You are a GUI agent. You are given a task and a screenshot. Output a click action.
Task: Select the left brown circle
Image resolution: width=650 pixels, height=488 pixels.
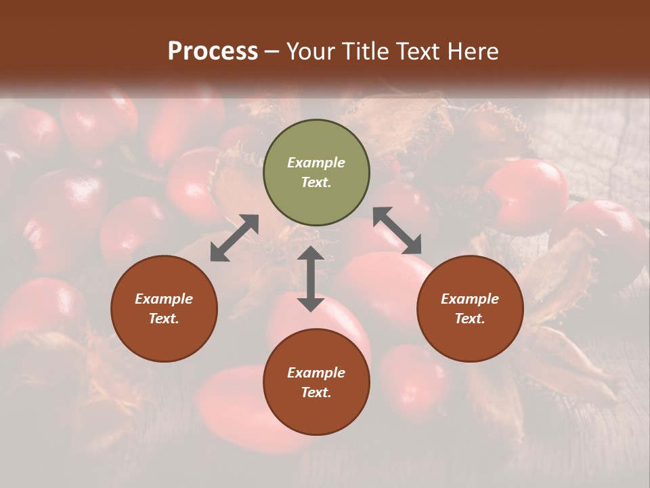(x=164, y=308)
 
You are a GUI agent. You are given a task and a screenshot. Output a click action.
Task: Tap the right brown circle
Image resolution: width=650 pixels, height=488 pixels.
(x=470, y=308)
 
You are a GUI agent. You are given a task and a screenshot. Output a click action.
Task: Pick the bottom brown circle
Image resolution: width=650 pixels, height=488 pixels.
(x=316, y=382)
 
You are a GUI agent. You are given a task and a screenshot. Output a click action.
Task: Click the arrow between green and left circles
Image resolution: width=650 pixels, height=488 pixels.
(x=234, y=238)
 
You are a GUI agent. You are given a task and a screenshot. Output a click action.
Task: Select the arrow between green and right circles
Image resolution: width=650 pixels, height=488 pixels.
(x=397, y=230)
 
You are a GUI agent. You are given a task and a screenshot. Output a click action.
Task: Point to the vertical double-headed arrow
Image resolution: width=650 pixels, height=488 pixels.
(x=311, y=279)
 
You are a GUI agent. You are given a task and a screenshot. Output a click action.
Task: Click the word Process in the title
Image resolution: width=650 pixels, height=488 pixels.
(x=213, y=52)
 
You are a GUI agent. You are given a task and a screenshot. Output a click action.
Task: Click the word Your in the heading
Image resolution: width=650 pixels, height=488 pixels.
(x=311, y=52)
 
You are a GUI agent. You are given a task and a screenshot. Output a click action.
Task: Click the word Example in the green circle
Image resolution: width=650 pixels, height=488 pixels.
(x=316, y=163)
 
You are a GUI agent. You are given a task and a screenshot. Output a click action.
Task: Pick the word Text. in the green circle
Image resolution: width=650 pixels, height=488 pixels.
(x=316, y=182)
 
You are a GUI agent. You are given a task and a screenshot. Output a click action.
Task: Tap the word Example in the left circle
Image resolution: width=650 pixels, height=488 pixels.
(x=164, y=299)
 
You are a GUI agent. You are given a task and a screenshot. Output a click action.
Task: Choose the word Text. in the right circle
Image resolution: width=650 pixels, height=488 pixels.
(x=470, y=319)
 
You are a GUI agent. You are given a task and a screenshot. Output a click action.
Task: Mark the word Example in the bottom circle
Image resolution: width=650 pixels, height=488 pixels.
(x=316, y=373)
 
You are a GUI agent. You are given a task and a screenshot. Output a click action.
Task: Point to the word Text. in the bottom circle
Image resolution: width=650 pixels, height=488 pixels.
(x=316, y=392)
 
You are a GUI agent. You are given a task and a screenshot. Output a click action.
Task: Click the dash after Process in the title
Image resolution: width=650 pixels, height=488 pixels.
(x=272, y=52)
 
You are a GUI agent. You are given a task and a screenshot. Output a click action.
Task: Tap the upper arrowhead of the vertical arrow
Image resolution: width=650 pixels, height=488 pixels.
(x=311, y=253)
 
